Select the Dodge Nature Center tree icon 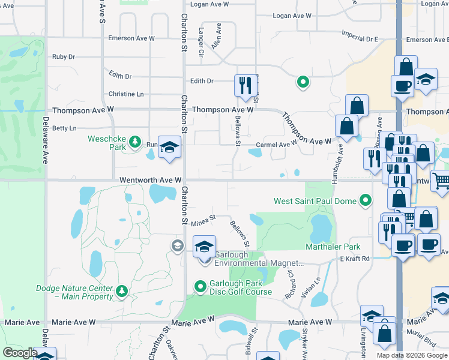coord(122,292)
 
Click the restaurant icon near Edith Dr coord(244,85)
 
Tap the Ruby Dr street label coord(63,57)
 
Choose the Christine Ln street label coord(126,94)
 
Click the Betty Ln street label coord(64,128)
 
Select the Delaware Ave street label coord(45,140)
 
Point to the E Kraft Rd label coord(355,259)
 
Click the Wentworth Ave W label coord(150,180)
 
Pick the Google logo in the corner coord(20,353)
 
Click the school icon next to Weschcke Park coord(169,148)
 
